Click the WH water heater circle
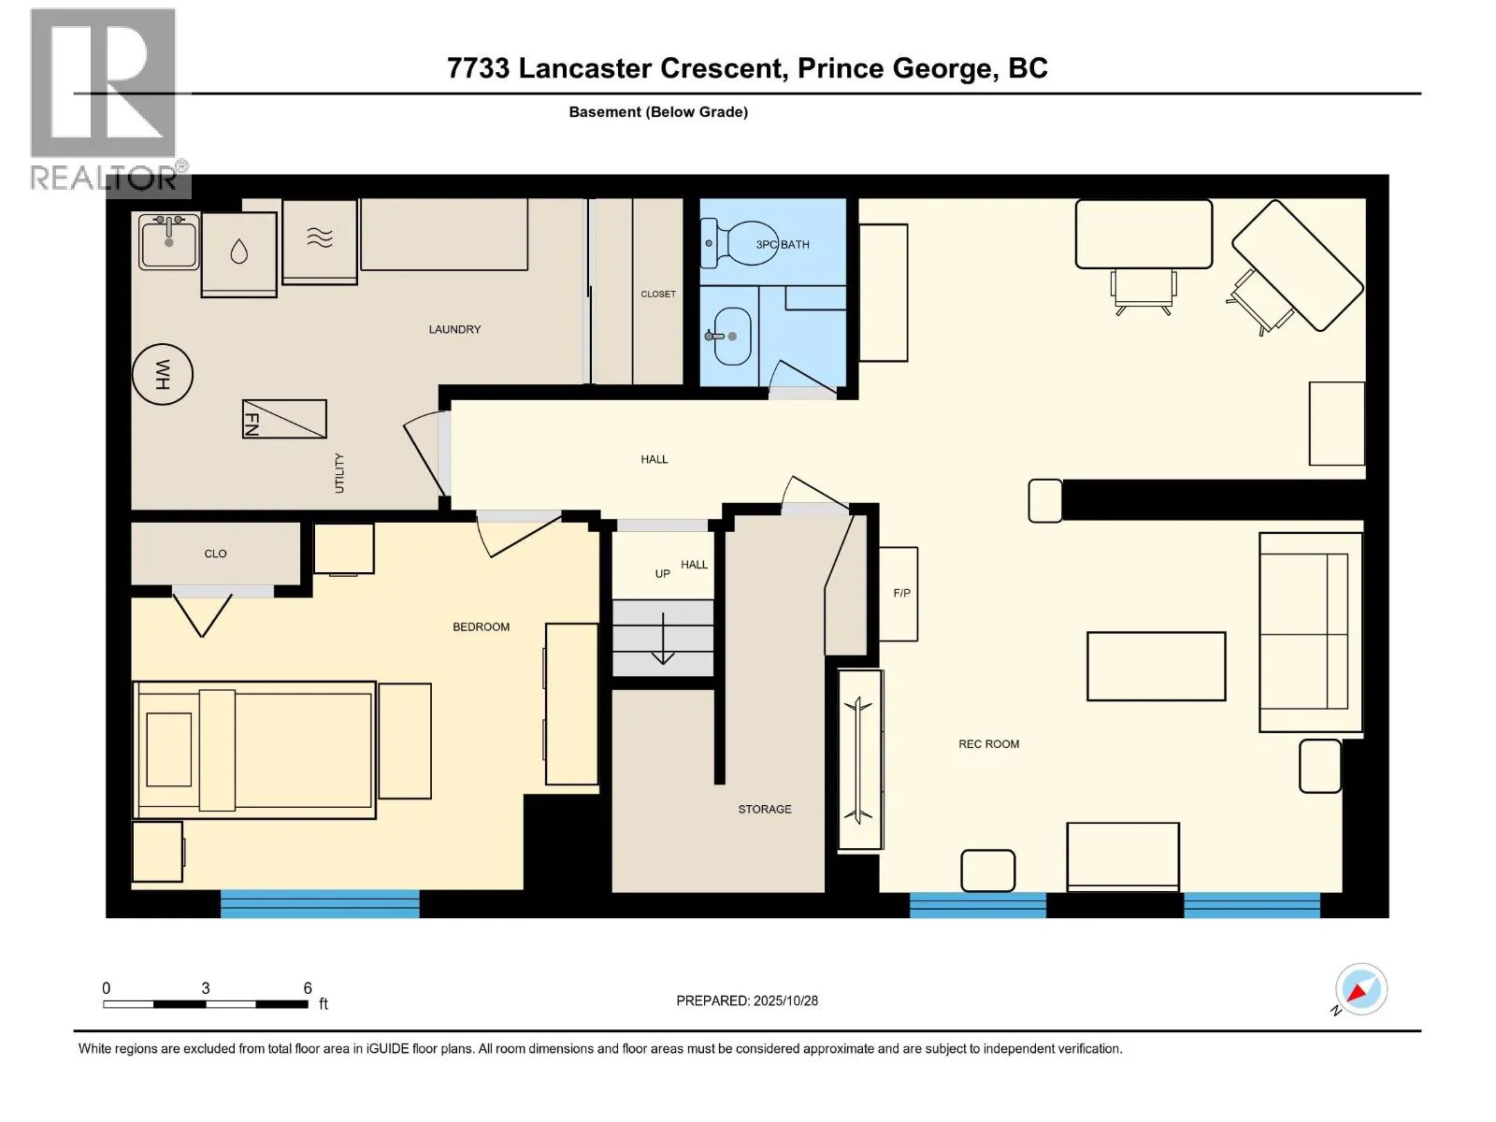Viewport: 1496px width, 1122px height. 163,374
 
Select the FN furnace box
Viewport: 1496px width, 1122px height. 284,419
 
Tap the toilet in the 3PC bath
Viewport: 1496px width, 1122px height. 739,243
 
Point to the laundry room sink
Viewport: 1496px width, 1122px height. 169,241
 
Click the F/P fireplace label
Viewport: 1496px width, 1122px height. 901,593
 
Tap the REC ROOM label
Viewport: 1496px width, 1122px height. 988,744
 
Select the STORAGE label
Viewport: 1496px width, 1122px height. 764,809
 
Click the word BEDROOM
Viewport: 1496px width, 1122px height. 481,626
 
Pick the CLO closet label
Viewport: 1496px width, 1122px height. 215,554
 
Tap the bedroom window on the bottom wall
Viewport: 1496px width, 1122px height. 320,903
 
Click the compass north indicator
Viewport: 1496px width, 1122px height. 1360,989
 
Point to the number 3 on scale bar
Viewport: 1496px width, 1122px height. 205,988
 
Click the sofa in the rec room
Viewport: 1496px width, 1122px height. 1310,632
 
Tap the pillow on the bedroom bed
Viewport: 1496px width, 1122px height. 169,749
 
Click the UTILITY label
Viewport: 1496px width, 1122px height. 339,473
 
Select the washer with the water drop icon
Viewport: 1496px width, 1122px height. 239,252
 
